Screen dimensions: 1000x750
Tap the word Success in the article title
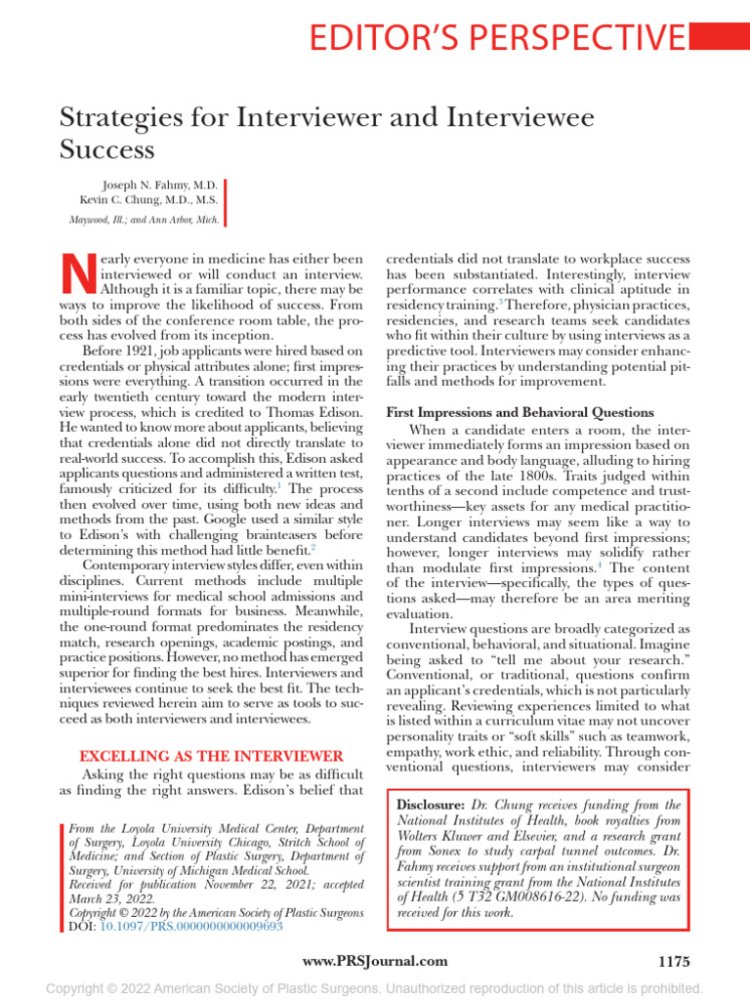pyautogui.click(x=107, y=149)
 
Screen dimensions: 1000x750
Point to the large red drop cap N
pyautogui.click(x=77, y=274)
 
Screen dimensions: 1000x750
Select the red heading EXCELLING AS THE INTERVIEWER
pyautogui.click(x=211, y=756)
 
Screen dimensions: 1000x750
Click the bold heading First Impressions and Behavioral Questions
pyautogui.click(x=521, y=412)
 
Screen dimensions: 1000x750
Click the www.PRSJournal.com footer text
pyautogui.click(x=375, y=962)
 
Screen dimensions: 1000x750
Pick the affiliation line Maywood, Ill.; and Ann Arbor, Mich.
pyautogui.click(x=145, y=220)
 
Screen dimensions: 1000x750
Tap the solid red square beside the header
pyautogui.click(x=720, y=37)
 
